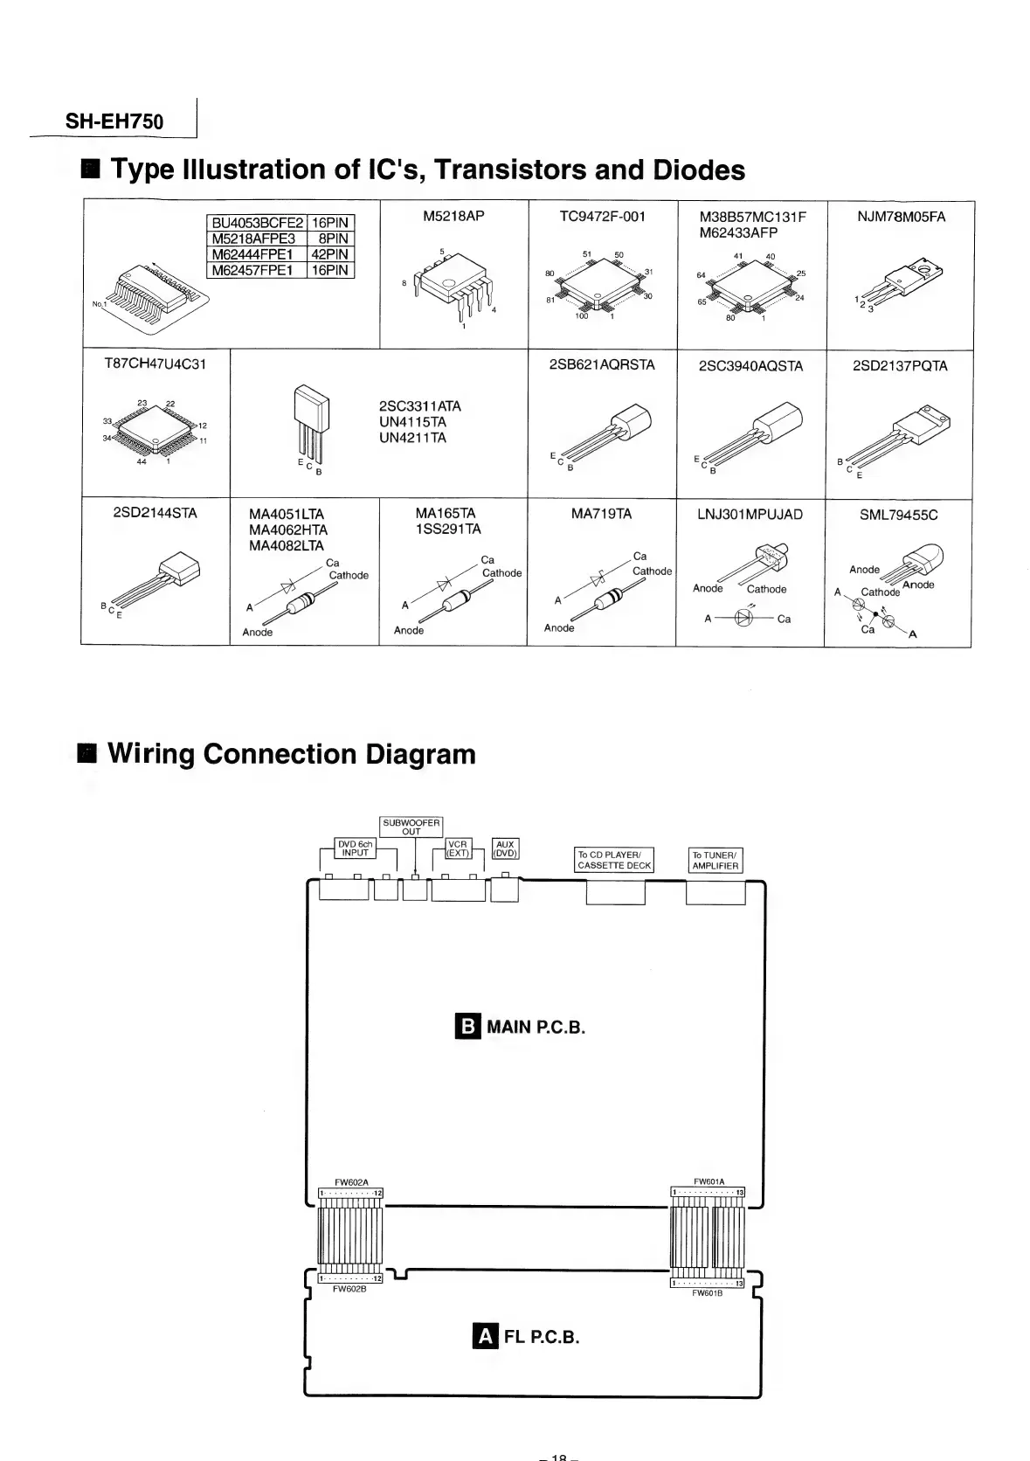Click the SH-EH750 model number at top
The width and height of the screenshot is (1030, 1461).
pyautogui.click(x=114, y=122)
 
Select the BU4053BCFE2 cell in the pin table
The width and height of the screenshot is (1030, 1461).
pyautogui.click(x=257, y=223)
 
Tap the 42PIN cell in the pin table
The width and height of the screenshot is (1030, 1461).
pyautogui.click(x=330, y=254)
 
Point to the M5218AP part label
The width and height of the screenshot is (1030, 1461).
pyautogui.click(x=453, y=216)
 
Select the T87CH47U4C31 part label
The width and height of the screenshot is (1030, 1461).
pyautogui.click(x=156, y=364)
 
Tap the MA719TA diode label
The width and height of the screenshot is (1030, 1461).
pyautogui.click(x=601, y=514)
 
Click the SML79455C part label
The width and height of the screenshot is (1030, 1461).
pyautogui.click(x=898, y=515)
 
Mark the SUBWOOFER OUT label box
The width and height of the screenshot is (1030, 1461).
pyautogui.click(x=411, y=827)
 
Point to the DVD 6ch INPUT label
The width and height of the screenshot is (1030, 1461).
pyautogui.click(x=356, y=848)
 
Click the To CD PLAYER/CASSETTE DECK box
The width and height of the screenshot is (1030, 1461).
pyautogui.click(x=614, y=860)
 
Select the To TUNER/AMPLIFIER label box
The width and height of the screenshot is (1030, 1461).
pyautogui.click(x=715, y=860)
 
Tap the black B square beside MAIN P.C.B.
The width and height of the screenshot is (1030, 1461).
pyautogui.click(x=468, y=1026)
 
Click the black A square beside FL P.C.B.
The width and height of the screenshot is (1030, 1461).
pyautogui.click(x=485, y=1336)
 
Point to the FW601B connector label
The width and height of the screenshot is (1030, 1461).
pyautogui.click(x=707, y=1292)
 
